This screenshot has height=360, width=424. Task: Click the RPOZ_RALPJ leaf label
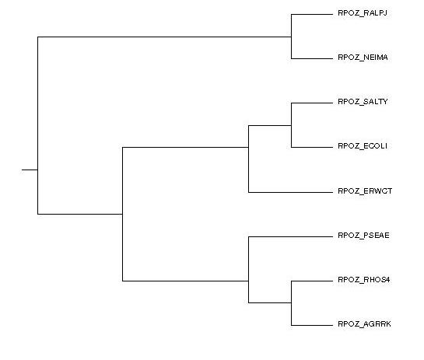[x=363, y=13]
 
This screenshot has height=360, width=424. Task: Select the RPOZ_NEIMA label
[x=363, y=58]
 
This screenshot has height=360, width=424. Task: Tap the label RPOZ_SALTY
[x=363, y=102]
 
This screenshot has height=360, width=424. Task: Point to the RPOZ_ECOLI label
[x=363, y=146]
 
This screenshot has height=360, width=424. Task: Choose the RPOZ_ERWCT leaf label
[x=365, y=191]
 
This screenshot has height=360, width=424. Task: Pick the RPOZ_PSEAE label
[x=363, y=236]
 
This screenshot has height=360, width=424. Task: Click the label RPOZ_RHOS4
[x=364, y=280]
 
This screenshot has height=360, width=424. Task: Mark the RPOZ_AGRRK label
[x=364, y=324]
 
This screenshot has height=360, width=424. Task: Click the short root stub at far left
[x=30, y=170]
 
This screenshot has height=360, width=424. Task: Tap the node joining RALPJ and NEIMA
[x=291, y=37]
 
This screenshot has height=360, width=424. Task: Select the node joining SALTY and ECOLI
[x=291, y=125]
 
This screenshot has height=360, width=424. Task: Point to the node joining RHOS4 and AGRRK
[x=291, y=302]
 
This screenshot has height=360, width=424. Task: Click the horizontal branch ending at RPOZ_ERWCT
[x=290, y=192]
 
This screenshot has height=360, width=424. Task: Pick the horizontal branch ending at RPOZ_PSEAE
[x=290, y=236]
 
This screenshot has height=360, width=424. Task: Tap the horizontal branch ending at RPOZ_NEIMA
[x=312, y=58]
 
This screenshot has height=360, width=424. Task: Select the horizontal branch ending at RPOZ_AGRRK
[x=312, y=325]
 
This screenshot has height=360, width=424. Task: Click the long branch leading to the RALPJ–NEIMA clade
[x=164, y=37]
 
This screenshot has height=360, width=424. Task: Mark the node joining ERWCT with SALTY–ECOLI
[x=248, y=147]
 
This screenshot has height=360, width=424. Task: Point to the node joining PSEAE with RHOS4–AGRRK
[x=248, y=281]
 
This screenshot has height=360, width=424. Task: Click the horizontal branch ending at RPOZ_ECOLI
[x=312, y=147]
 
